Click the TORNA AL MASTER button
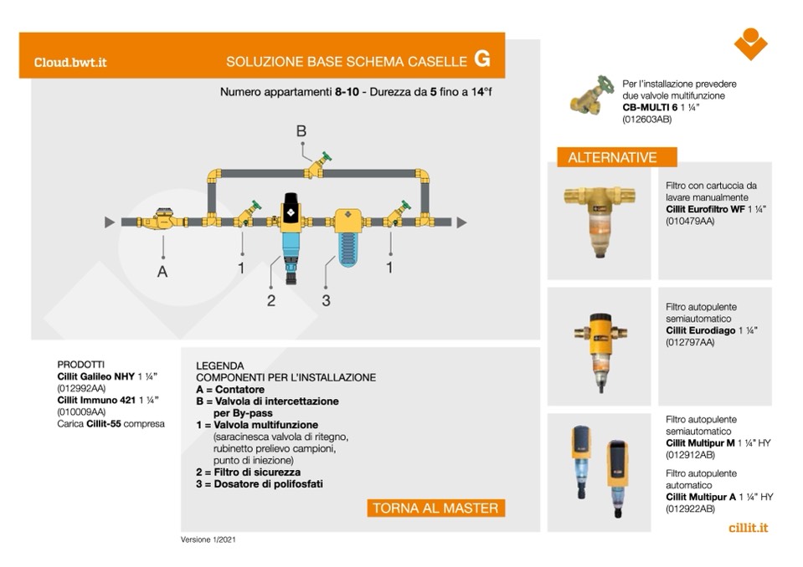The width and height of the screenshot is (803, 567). (435, 508)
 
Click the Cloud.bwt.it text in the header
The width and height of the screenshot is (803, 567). (70, 62)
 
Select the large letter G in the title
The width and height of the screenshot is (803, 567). (482, 59)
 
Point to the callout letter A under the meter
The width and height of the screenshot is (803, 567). (162, 271)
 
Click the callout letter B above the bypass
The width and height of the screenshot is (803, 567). (301, 130)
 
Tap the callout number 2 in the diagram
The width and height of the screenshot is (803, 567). (270, 300)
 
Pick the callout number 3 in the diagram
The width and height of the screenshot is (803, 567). (326, 300)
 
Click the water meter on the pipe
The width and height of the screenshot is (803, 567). (163, 221)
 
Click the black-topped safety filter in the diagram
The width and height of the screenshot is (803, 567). (290, 234)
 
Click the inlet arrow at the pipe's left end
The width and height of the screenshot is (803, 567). (109, 222)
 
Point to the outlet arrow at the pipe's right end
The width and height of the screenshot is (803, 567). (461, 222)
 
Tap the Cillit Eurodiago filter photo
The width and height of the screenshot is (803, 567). (600, 347)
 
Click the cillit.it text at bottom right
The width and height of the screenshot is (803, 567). (748, 528)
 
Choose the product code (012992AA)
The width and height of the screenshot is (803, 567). (81, 388)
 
